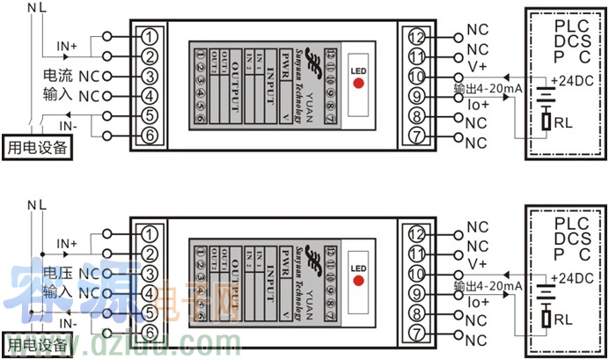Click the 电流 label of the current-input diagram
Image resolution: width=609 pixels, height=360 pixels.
tap(57, 77)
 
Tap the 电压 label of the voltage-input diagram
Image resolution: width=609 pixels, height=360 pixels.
tap(57, 274)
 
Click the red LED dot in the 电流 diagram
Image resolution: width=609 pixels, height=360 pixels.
tap(358, 84)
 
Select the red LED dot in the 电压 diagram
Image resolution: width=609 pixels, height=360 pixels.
tap(358, 281)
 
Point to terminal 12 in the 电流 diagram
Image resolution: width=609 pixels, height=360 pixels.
tap(416, 37)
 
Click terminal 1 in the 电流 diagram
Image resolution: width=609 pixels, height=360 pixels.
tap(150, 37)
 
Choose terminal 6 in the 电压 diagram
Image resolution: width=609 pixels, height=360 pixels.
tap(150, 332)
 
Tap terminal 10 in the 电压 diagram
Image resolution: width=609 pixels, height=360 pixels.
tap(416, 273)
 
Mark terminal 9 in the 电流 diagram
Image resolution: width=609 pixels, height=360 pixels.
tap(416, 96)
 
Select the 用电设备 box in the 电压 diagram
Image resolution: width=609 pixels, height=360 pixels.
tap(36, 345)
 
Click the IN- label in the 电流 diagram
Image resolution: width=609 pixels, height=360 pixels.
tap(67, 126)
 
